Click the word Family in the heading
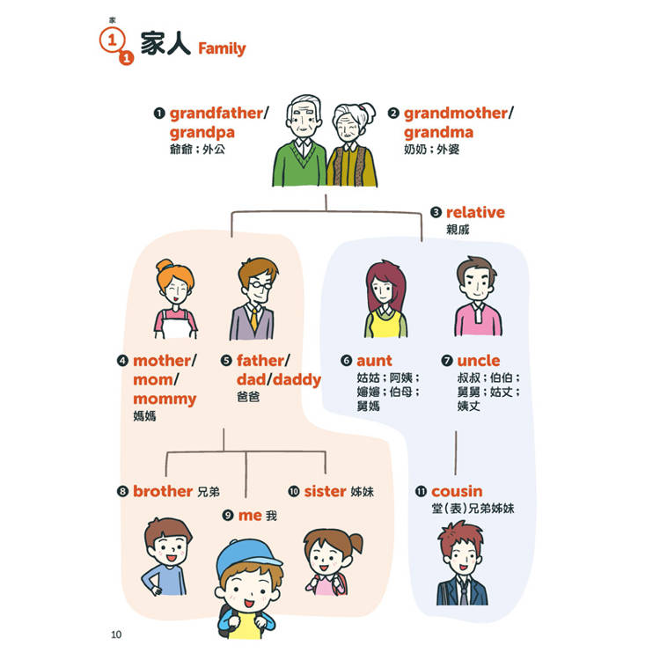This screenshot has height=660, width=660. (222, 48)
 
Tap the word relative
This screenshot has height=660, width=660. (475, 212)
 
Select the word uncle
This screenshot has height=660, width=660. (479, 361)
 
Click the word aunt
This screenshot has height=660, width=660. (374, 361)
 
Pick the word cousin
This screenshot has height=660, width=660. (457, 491)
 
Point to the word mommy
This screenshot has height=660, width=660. (165, 399)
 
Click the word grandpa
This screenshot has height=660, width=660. (202, 133)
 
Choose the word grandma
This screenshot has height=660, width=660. (438, 133)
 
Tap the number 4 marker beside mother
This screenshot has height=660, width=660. (122, 361)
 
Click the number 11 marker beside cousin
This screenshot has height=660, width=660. (421, 491)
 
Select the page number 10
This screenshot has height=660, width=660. (116, 634)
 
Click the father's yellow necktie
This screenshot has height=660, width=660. (254, 319)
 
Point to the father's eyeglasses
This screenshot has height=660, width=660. (260, 286)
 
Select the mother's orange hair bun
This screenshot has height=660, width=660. (165, 266)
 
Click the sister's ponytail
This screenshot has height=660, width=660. (356, 543)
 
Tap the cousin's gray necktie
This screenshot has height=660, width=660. (464, 592)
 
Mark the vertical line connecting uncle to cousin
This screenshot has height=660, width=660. (456, 453)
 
